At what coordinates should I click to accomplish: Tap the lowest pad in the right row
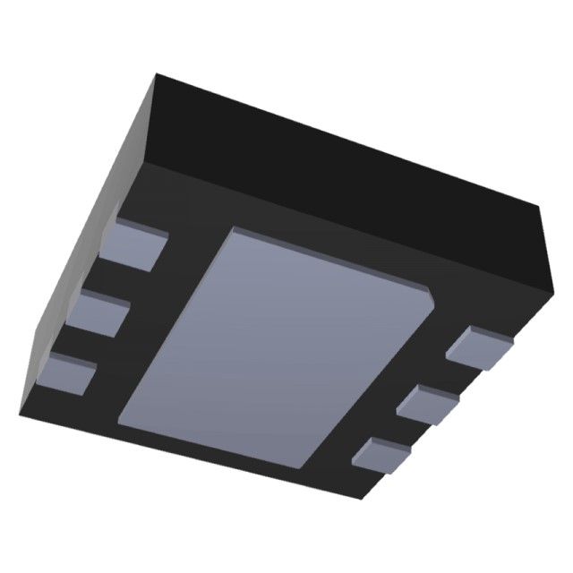coord(385,455)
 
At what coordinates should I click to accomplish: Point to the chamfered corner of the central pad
coord(430,292)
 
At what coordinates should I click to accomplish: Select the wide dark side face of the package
coord(349,161)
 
